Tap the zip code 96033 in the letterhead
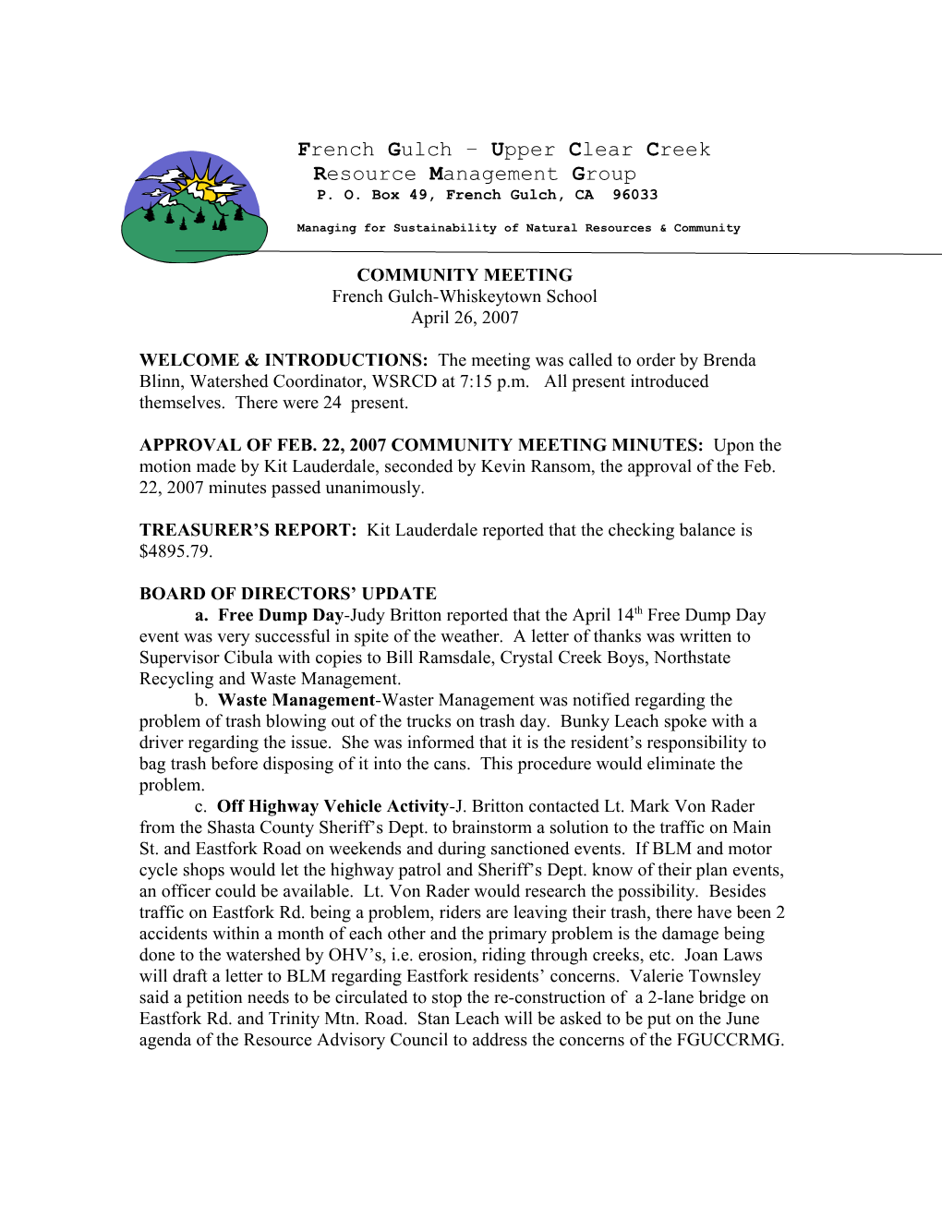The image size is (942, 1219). pos(634,195)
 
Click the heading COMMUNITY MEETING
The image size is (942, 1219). pos(465,275)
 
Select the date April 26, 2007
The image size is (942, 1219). pos(465,318)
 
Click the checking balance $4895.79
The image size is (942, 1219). pos(175,551)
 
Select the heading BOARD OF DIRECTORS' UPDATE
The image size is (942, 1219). pos(288,594)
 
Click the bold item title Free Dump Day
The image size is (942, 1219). pos(281,615)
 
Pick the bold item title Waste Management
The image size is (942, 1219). pos(296,700)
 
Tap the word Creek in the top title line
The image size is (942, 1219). pos(678,150)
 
